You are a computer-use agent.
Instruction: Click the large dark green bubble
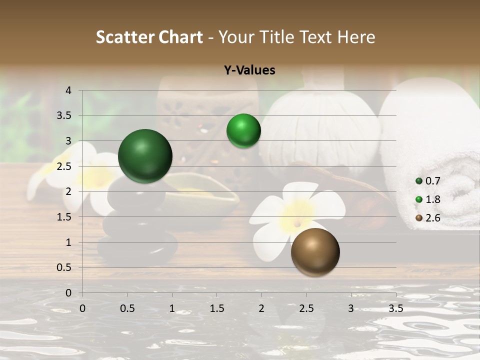click(x=145, y=156)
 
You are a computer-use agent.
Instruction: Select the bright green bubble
click(x=243, y=131)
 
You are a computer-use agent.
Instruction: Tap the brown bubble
click(x=315, y=252)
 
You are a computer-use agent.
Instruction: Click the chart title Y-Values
click(x=249, y=70)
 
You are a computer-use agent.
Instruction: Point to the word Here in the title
click(x=356, y=37)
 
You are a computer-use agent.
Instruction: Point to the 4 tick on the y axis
click(x=69, y=90)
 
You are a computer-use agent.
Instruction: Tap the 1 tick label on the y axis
click(x=69, y=242)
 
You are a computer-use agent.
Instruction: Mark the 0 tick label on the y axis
click(x=69, y=293)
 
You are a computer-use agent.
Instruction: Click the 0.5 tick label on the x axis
click(x=127, y=308)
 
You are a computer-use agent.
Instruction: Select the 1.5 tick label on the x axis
click(x=217, y=308)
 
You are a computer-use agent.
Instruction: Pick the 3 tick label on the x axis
click(x=351, y=308)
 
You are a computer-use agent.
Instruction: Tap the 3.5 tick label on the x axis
click(x=395, y=308)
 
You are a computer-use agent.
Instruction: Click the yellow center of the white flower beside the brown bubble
click(x=296, y=215)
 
